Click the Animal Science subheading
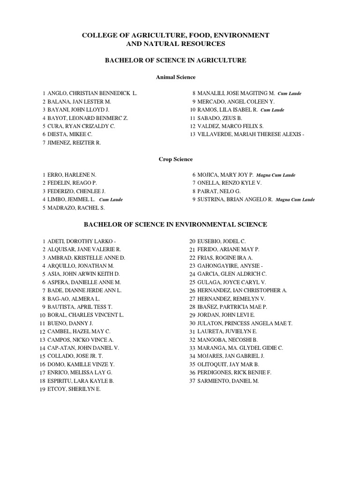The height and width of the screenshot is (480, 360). (176, 77)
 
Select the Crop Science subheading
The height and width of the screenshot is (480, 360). (176, 159)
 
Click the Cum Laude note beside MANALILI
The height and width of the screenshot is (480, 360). (289, 94)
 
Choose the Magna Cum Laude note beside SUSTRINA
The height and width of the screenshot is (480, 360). (295, 200)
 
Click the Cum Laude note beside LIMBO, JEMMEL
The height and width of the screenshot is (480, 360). (111, 200)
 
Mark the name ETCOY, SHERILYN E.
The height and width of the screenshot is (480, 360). (74, 389)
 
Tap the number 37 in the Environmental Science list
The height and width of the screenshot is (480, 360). (192, 381)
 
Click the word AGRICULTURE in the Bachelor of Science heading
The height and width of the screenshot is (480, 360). (220, 60)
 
